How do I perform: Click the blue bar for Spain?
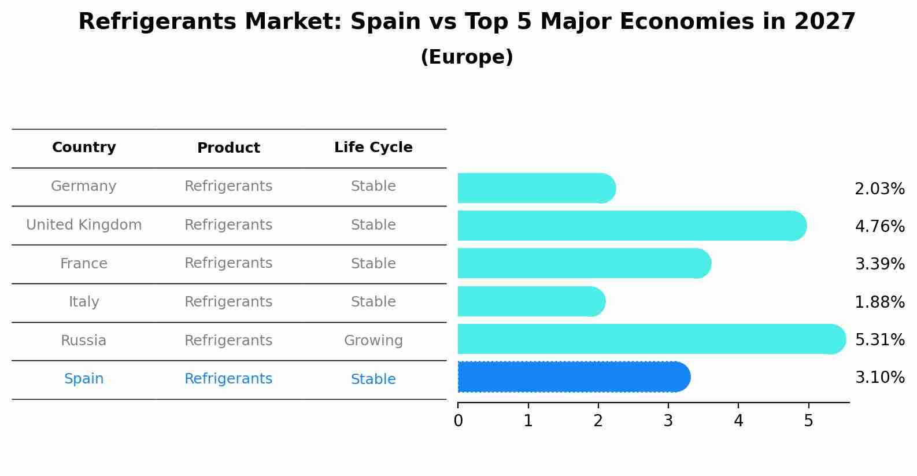tap(572, 377)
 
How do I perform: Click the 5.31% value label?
tap(879, 340)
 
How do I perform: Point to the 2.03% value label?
tap(879, 189)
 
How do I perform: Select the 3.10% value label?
tap(879, 378)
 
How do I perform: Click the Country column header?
tap(84, 147)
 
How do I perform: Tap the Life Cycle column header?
tap(373, 147)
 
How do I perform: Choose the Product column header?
tap(228, 148)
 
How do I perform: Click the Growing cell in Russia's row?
tap(373, 341)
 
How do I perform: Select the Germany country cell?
tap(84, 186)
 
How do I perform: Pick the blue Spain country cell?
tap(84, 379)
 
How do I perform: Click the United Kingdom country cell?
tap(84, 225)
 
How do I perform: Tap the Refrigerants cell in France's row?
tap(228, 263)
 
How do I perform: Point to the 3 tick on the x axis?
tap(668, 421)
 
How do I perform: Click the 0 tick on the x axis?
tap(458, 421)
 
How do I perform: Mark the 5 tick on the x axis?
tap(808, 421)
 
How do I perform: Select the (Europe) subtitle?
tap(467, 57)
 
